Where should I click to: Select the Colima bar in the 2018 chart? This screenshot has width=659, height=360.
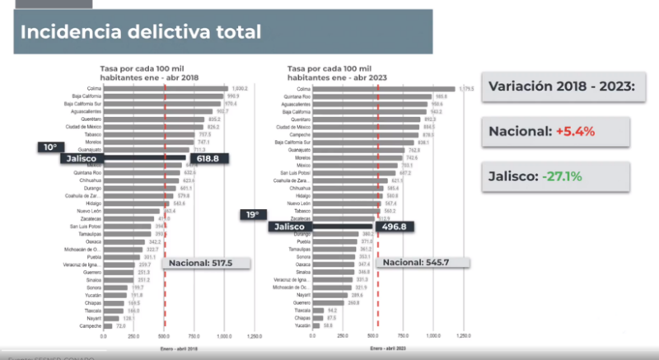(165, 88)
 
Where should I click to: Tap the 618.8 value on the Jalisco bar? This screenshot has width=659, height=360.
(209, 157)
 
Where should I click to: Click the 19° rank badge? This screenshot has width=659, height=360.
(250, 215)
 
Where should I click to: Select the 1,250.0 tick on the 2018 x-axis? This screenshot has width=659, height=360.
(254, 336)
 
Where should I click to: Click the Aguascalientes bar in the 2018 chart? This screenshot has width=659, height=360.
(157, 110)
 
